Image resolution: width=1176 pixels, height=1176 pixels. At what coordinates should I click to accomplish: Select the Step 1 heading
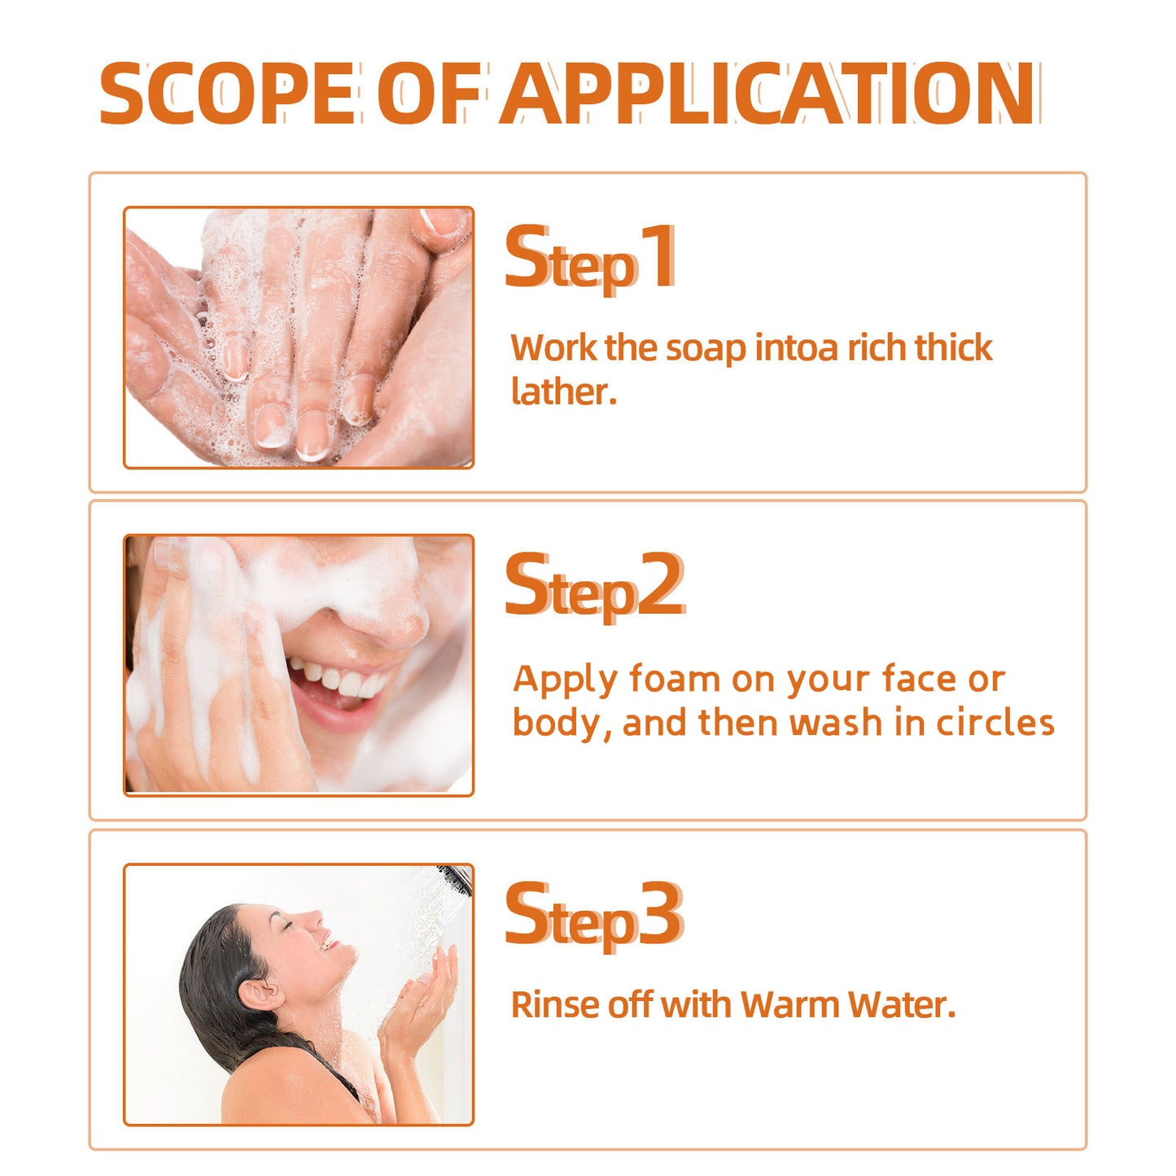(590, 259)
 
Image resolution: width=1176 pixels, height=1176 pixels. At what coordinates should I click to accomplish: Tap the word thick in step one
(953, 348)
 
